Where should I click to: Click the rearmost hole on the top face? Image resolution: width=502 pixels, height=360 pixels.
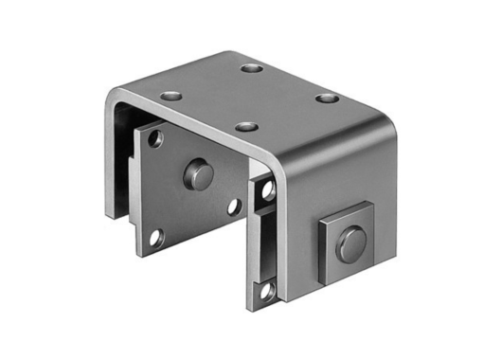[251, 67]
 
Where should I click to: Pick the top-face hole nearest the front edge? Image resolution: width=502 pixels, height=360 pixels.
[244, 127]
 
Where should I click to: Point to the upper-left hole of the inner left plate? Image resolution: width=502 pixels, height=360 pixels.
[156, 138]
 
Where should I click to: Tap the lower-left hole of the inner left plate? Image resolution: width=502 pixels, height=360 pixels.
[156, 238]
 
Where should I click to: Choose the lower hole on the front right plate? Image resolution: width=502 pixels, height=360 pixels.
[268, 289]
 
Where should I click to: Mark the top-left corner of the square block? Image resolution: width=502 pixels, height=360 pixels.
[319, 219]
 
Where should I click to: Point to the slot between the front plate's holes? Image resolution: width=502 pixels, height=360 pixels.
[266, 239]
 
